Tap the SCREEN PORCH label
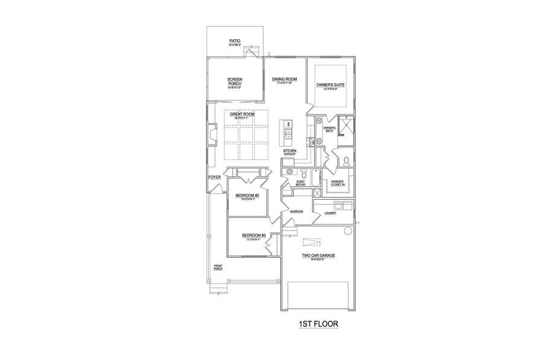pos(235,82)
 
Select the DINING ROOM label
pos(284,79)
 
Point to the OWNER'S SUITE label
pos(330,86)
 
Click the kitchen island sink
pos(288,133)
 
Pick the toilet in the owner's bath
pos(347,160)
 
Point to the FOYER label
pos(214,177)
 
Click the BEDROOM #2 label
pos(247,196)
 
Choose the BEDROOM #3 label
pos(253,235)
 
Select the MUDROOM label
pos(296,212)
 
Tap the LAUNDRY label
pos(330,213)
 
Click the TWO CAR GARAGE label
pos(319,256)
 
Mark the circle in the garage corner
pos(347,232)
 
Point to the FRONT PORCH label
pos(218,267)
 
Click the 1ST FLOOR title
pos(319,324)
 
